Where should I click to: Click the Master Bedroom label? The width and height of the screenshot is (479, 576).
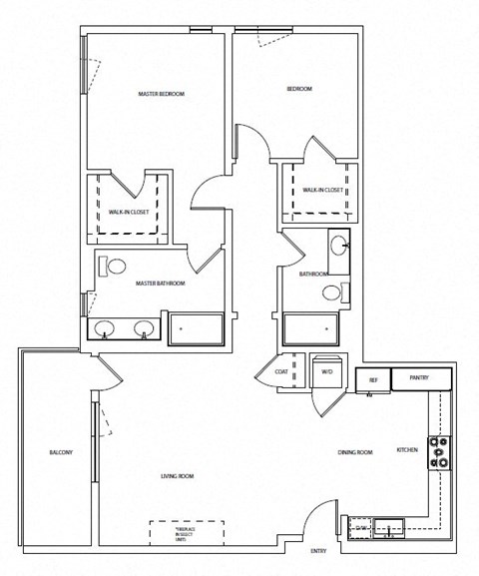point(161,94)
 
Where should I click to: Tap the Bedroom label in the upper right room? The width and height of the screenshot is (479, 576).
point(299,90)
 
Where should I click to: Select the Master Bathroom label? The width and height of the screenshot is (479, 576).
point(161,284)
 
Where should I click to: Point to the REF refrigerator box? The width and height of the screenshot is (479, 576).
point(372,380)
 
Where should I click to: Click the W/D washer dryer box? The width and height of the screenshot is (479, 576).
point(326,371)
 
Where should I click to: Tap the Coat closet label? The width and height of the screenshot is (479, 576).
point(282,371)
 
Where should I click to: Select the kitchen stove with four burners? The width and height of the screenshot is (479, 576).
point(438,453)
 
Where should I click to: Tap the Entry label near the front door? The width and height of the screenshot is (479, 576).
point(318,551)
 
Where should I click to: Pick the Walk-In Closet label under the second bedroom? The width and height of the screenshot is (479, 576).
point(322,189)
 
